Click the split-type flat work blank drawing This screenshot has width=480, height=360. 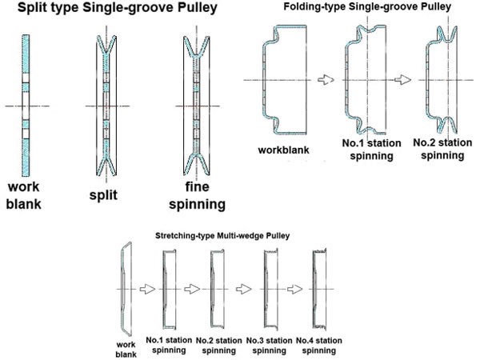26,104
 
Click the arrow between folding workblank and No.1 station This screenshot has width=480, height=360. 324,80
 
